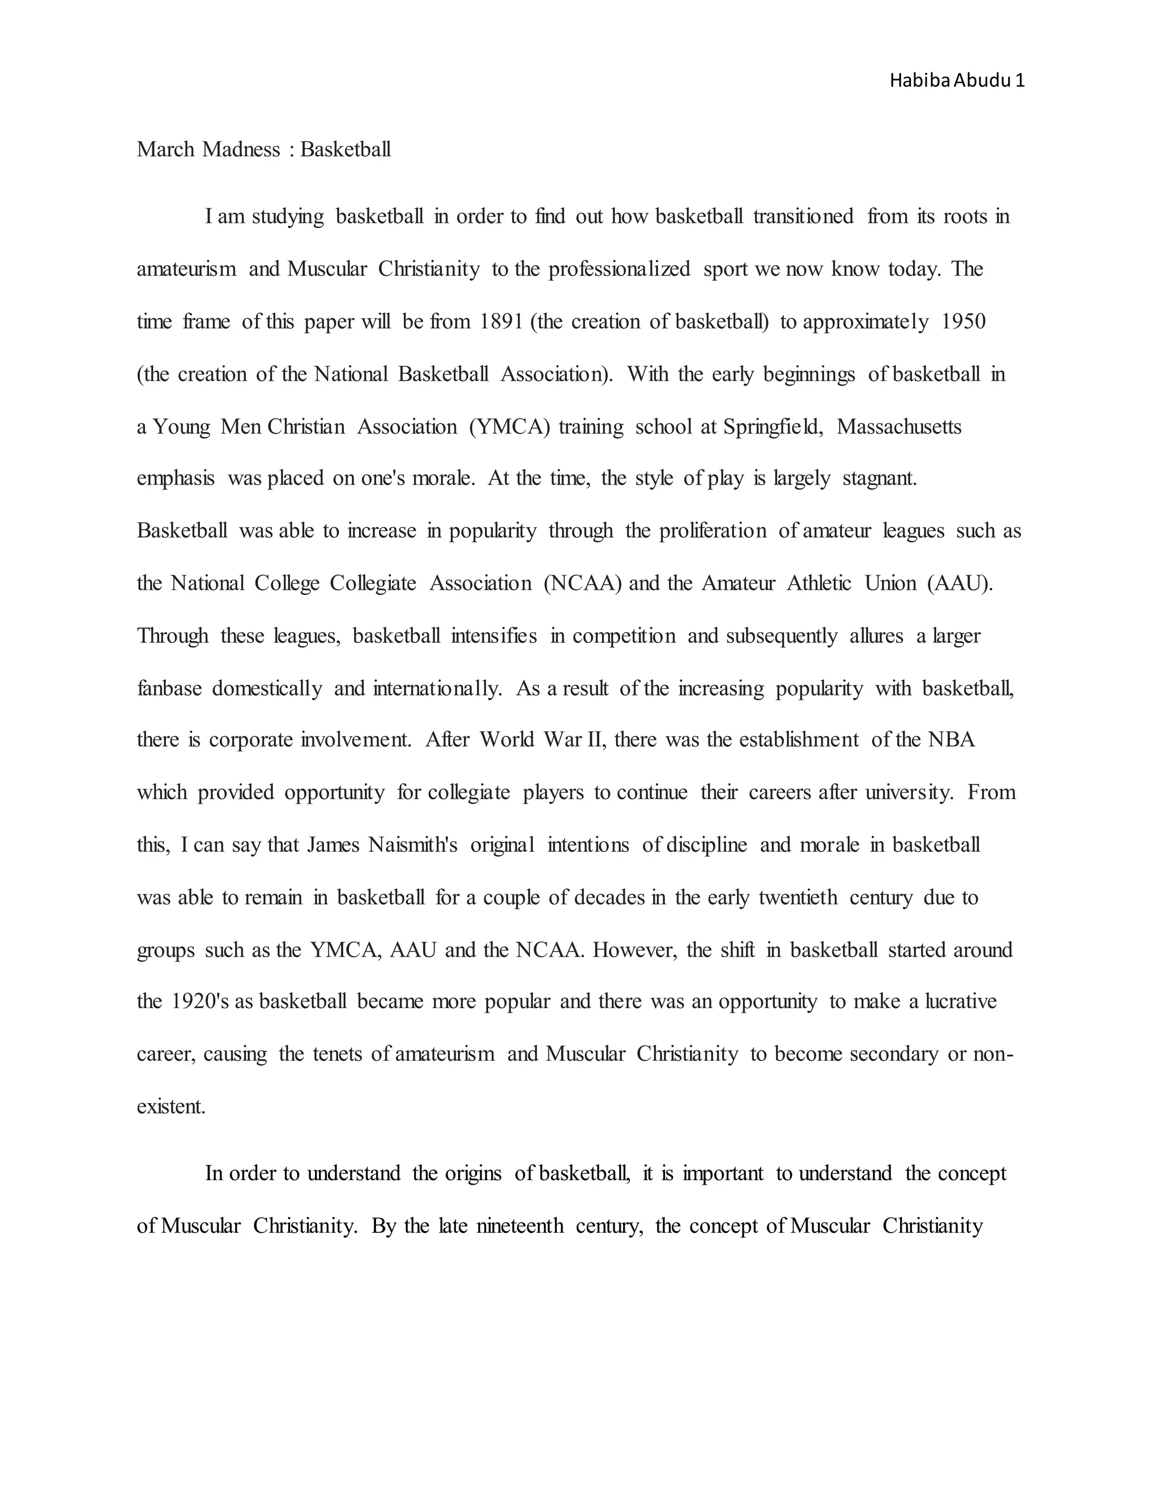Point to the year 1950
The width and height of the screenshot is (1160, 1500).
[x=963, y=322]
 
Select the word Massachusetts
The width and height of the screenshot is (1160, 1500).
[x=899, y=427]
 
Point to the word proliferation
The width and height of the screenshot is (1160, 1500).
[x=713, y=531]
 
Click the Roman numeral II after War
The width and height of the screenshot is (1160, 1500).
[x=594, y=740]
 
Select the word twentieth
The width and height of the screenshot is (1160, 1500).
[x=798, y=898]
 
